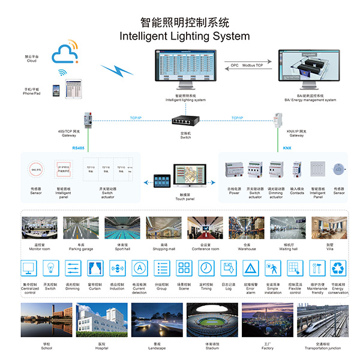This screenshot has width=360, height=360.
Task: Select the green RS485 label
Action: [78, 147]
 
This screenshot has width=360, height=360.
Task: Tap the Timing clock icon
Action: [206, 268]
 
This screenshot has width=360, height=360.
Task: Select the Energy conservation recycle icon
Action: [339, 268]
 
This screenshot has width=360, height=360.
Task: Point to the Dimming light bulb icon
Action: [73, 268]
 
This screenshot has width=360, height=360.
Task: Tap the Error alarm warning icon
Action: [250, 268]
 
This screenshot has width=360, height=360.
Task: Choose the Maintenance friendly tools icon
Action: [317, 268]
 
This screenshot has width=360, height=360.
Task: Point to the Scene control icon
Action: [184, 268]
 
